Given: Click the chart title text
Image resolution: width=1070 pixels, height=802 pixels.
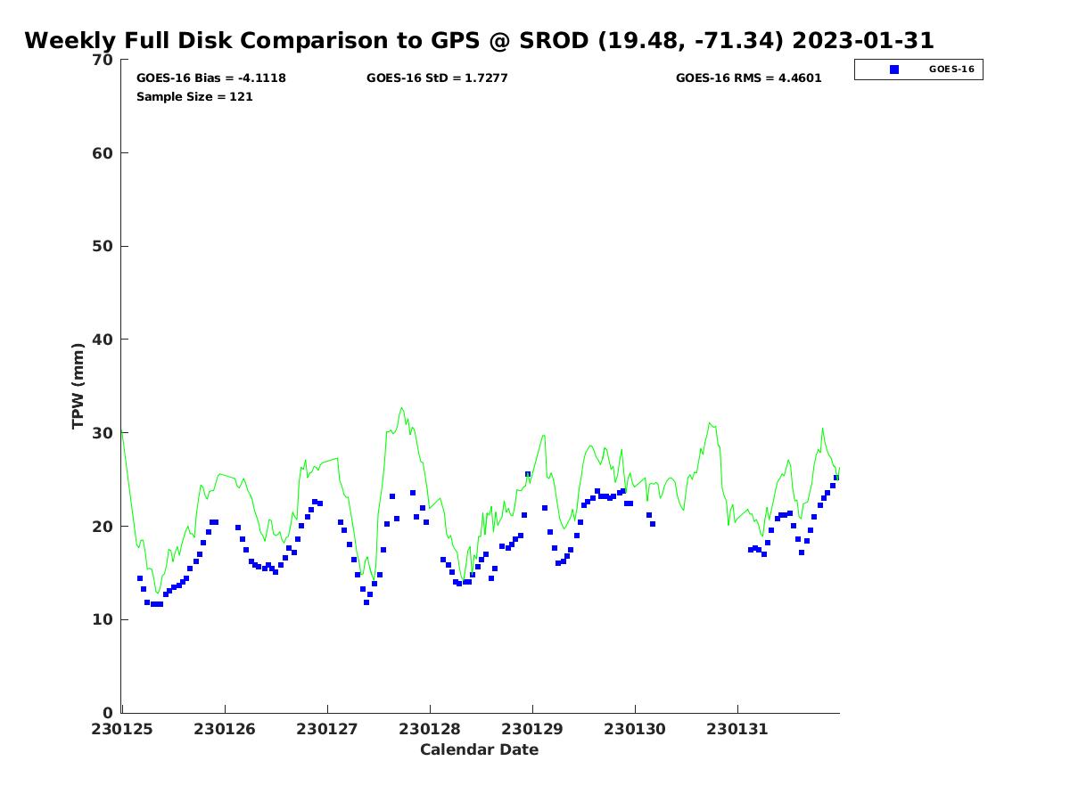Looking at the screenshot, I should point(479,41).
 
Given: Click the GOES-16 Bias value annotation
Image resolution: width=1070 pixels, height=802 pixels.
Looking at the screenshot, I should point(210,78).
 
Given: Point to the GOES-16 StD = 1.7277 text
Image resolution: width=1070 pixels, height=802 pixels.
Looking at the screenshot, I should point(437,78).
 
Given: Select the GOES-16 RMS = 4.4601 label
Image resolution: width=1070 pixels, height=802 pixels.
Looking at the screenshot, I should point(748,78).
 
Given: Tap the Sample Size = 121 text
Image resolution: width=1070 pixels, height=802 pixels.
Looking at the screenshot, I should point(194,97).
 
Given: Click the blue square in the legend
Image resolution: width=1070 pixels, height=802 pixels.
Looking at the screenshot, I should point(894,70).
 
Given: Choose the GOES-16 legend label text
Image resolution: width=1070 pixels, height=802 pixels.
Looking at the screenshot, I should point(951,70).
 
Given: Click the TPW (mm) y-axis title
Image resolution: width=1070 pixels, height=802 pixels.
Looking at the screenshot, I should point(78,386).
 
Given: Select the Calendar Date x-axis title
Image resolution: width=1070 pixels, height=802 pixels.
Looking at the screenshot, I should point(479,750).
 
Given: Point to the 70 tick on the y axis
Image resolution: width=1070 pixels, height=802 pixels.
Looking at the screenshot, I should point(103,61).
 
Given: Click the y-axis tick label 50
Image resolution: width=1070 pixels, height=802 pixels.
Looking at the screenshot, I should point(103,247).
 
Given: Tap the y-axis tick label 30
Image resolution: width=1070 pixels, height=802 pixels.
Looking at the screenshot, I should point(103,433).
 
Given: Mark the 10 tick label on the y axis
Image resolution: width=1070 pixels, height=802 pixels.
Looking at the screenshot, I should point(103,620).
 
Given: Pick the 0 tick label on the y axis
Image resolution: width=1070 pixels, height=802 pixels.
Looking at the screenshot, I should point(107,713).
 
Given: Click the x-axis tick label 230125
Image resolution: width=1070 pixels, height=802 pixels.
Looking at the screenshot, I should point(123,730).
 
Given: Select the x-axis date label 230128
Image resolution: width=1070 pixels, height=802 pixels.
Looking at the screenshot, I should point(430,730).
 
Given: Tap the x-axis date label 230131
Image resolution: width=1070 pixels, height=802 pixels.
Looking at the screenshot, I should point(737,730).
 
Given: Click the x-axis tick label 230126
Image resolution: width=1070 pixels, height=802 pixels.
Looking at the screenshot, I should point(226,730).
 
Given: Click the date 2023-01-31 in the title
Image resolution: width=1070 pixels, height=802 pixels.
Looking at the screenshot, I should point(862,41).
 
